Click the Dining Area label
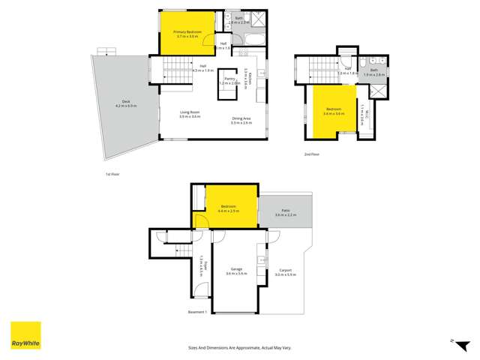pos(241,119)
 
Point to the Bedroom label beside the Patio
pos(228,208)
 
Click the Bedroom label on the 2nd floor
pos(333,112)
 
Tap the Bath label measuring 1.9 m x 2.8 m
pos(373,72)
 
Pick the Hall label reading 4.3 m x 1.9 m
pos(202,68)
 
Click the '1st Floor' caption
pos(112,174)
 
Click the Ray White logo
pos(25,336)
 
